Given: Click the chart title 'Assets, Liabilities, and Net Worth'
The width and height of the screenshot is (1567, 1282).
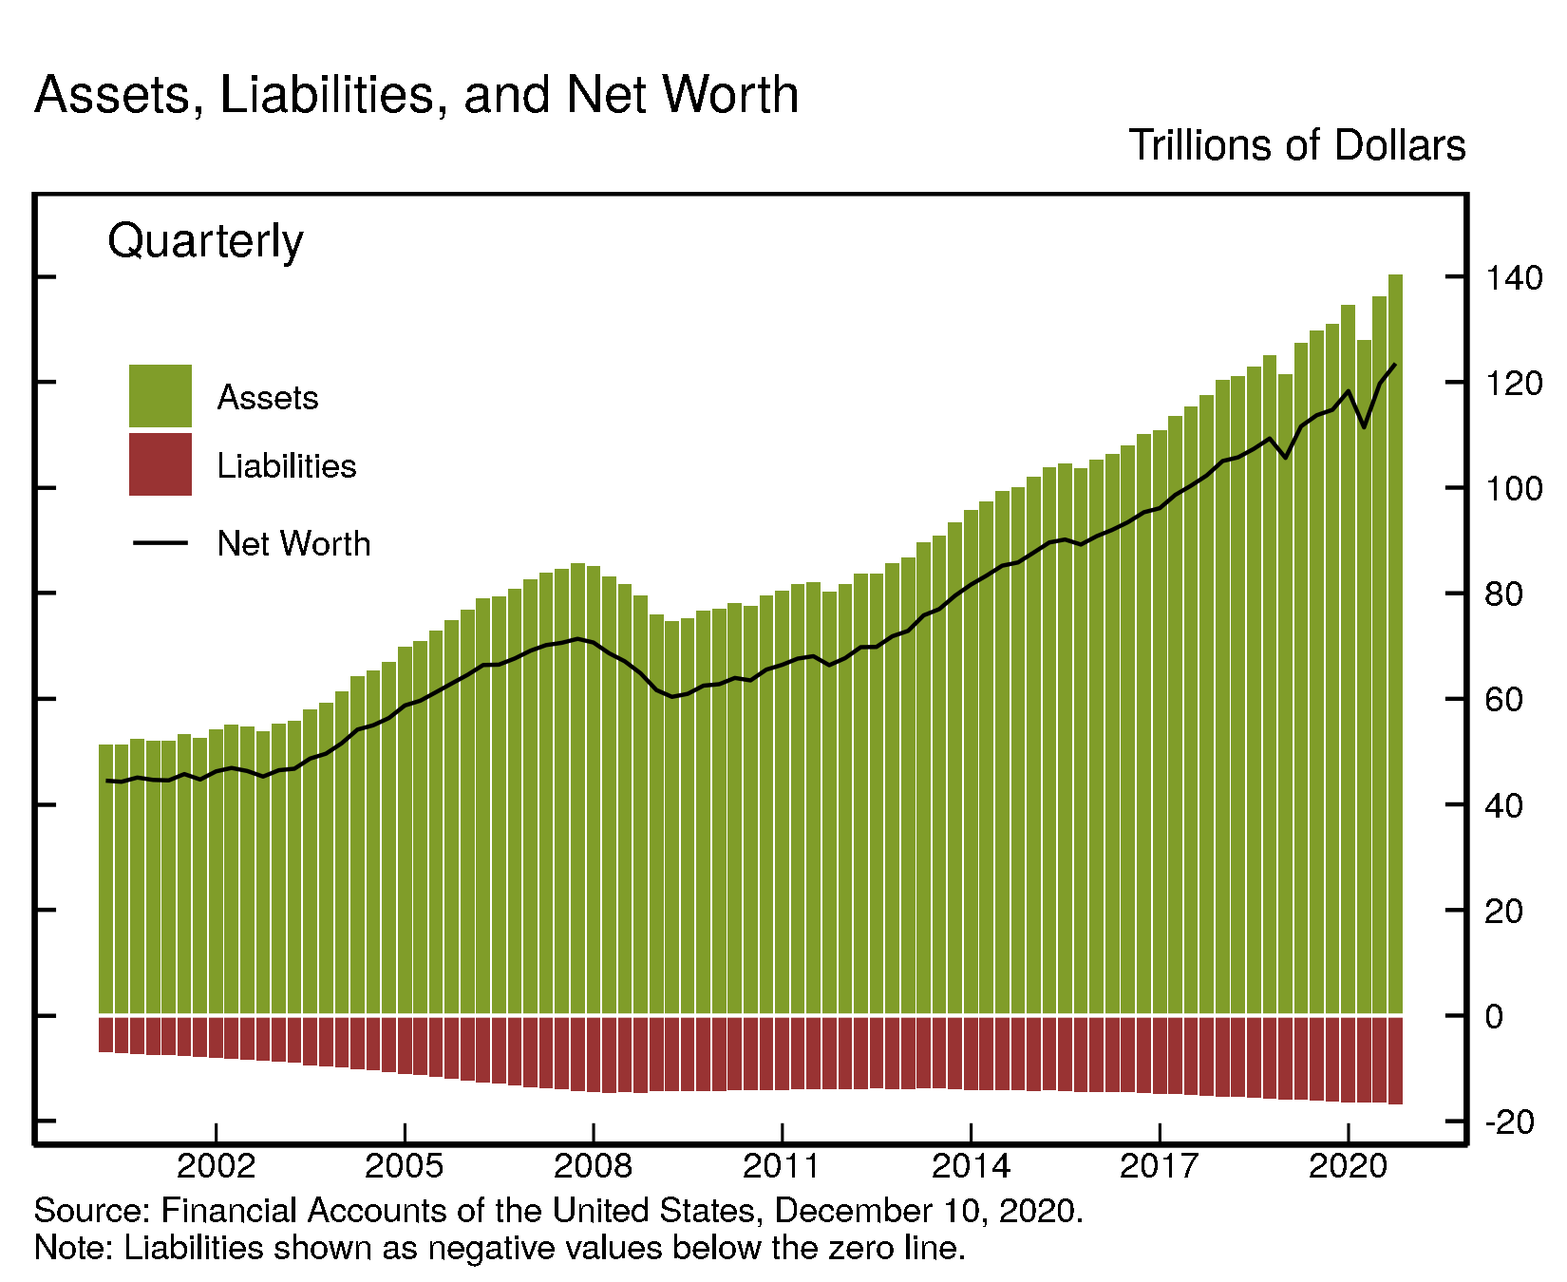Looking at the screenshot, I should (x=416, y=95).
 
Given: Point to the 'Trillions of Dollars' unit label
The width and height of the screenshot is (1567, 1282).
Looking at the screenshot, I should (x=1296, y=145).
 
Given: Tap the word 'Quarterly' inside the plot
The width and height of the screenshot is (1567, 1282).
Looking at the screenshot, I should (x=205, y=240).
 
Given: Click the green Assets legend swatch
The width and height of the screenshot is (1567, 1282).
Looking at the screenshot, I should (x=160, y=395).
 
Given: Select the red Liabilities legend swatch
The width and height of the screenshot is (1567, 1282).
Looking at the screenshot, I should (x=160, y=464).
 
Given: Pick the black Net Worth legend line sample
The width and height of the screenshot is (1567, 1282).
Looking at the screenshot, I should (x=160, y=543).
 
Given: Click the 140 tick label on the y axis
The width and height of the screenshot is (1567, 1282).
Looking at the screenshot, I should (x=1514, y=278).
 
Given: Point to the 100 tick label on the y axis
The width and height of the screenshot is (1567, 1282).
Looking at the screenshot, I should (x=1514, y=489).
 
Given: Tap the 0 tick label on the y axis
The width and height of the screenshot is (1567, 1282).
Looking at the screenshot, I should (x=1494, y=1017).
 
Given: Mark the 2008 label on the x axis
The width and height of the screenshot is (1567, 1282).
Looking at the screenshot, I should (x=593, y=1165).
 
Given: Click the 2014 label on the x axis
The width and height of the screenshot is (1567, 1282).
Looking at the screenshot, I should (x=970, y=1165).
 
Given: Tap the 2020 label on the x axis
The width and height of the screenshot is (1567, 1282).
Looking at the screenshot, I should (x=1348, y=1165).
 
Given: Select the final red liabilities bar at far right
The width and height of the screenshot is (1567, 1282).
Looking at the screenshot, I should (x=1395, y=1060).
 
